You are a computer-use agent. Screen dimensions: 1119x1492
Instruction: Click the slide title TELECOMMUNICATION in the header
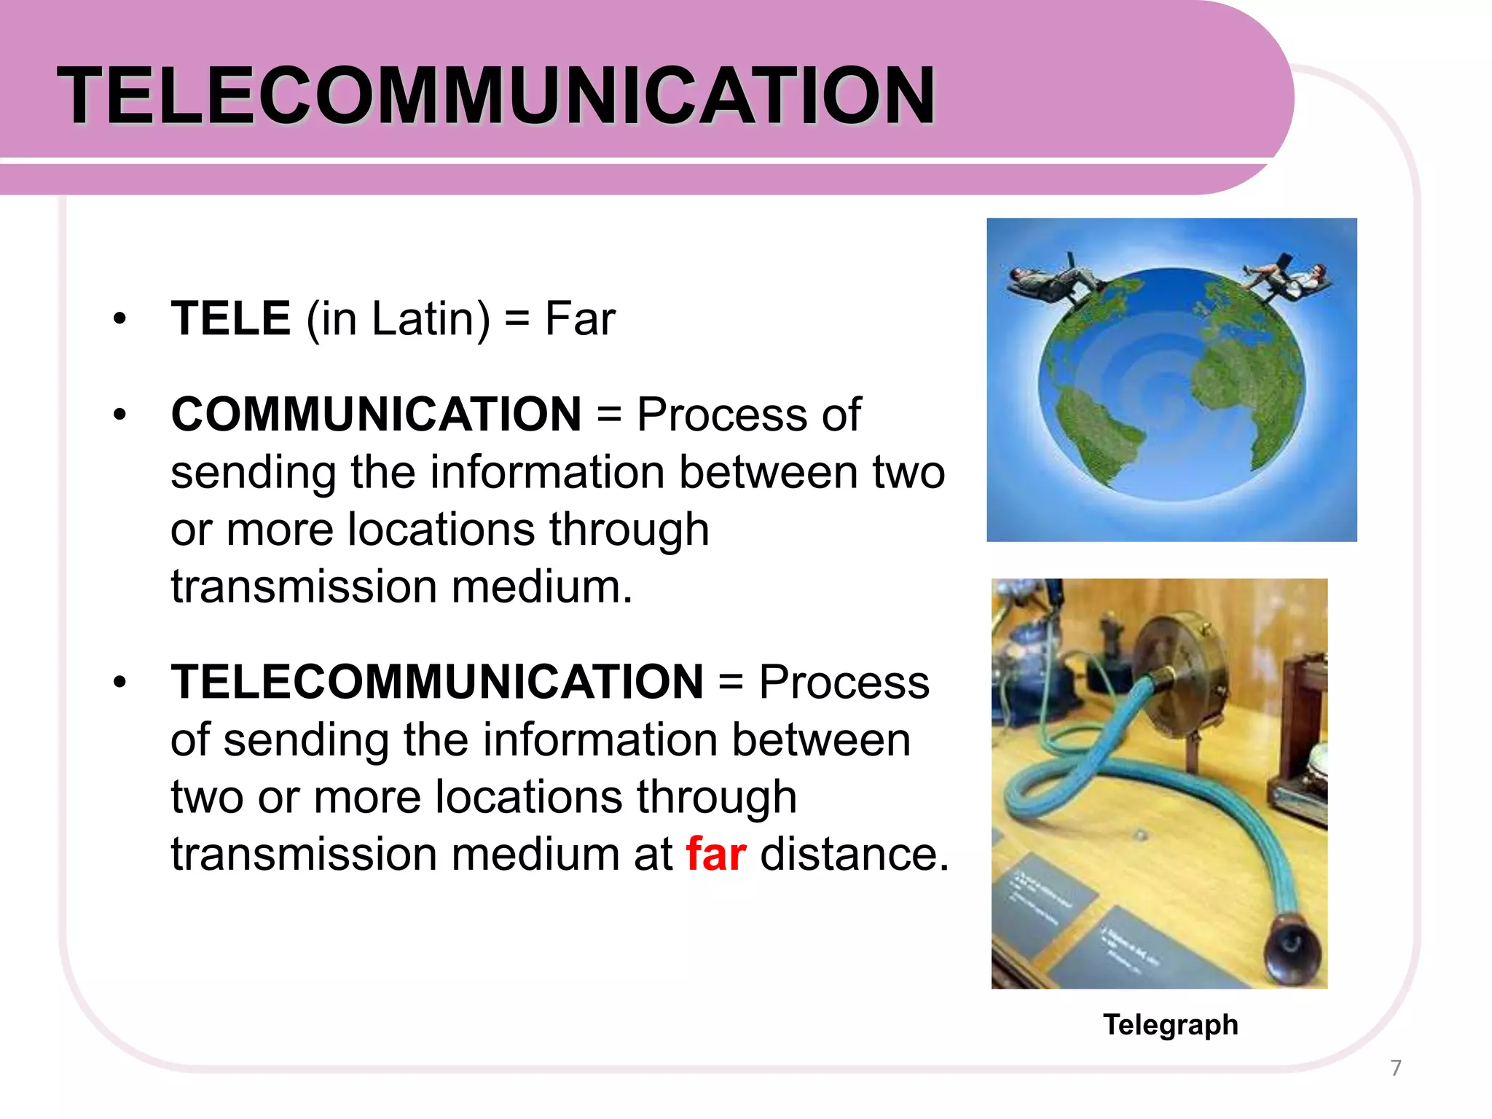pos(496,96)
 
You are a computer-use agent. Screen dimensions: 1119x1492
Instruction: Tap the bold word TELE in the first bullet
pos(231,318)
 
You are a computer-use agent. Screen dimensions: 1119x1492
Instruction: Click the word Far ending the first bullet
pos(580,318)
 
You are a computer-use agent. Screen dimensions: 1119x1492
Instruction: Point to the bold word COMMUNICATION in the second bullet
pos(376,415)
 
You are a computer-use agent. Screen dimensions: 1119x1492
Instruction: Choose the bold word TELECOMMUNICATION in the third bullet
pos(437,682)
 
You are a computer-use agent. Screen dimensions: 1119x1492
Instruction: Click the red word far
pos(715,854)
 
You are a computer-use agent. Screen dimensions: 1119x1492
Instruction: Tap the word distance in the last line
pos(854,854)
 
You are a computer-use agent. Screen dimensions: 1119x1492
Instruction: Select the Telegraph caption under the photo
pos(1170,1024)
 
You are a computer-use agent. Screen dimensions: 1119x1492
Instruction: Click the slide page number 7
pos(1396,1068)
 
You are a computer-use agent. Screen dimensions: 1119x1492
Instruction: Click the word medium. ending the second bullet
pos(542,586)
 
